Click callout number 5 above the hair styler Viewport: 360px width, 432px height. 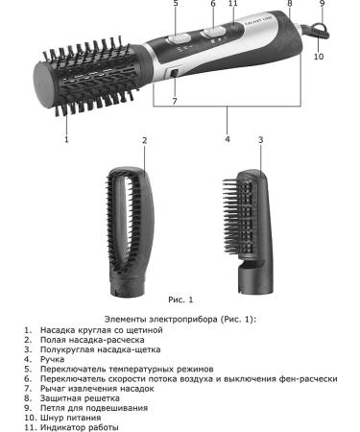[x=176, y=4]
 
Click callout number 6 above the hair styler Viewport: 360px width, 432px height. [x=213, y=4]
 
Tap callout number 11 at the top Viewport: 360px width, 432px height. [x=233, y=4]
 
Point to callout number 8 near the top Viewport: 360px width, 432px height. [x=289, y=4]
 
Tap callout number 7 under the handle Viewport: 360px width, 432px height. [x=175, y=101]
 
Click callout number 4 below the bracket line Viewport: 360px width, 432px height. [x=227, y=139]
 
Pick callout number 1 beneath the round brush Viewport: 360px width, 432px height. [x=66, y=139]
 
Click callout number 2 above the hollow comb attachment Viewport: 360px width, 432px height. [x=144, y=140]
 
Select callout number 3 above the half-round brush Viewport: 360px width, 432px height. [x=260, y=140]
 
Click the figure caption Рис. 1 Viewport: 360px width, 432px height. [x=180, y=300]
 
